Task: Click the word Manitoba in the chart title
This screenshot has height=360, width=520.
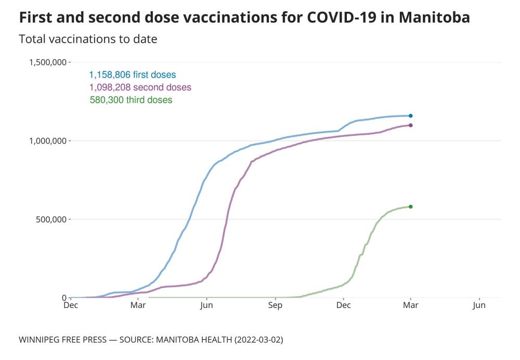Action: tap(434, 17)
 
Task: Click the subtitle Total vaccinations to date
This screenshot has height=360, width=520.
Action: tap(88, 39)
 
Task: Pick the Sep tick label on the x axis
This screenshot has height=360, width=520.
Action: tap(275, 306)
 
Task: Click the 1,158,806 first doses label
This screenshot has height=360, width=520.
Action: tap(133, 75)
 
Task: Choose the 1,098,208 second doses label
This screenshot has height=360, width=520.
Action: tap(140, 87)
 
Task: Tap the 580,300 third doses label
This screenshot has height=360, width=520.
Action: tap(131, 100)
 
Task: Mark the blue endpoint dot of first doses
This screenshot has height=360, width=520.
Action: tap(411, 115)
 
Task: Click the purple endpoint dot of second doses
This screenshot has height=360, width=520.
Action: tap(411, 125)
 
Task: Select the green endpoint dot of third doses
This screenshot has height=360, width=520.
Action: tap(411, 207)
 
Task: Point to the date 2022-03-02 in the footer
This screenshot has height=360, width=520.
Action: tap(258, 340)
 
